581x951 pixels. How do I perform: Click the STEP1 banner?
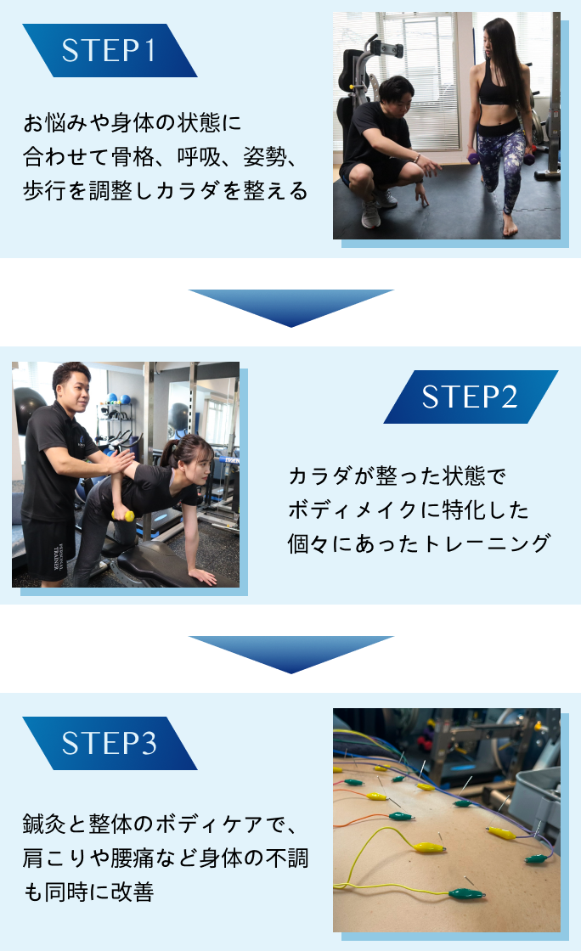pos(109,51)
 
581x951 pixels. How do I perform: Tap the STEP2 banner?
pos(470,397)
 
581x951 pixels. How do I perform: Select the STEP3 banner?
pos(109,743)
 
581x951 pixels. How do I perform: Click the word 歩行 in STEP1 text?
pos(42,190)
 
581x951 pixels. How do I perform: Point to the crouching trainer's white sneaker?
pos(371,214)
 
